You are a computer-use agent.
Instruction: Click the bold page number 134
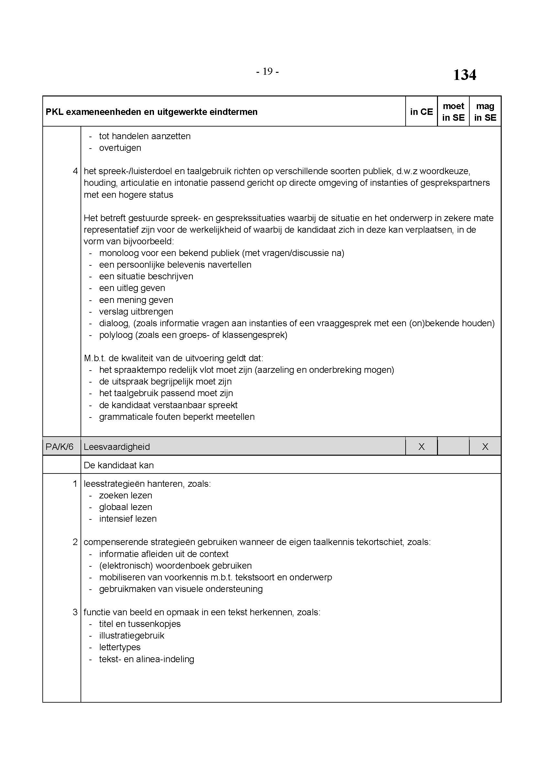(x=464, y=75)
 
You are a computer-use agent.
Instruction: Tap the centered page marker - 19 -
(x=267, y=72)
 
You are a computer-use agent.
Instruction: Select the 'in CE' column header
(x=421, y=112)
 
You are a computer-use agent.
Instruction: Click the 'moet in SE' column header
(x=453, y=112)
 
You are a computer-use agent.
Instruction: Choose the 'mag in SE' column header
(x=485, y=112)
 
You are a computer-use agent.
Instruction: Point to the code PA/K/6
(x=59, y=447)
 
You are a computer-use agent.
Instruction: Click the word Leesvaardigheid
(x=117, y=447)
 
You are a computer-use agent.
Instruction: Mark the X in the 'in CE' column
(x=421, y=447)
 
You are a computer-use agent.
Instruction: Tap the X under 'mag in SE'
(x=485, y=447)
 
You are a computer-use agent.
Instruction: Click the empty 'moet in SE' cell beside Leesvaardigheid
(x=453, y=447)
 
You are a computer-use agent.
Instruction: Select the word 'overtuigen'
(x=120, y=148)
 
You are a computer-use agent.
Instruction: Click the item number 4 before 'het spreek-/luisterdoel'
(x=75, y=171)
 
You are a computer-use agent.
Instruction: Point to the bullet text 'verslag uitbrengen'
(x=136, y=312)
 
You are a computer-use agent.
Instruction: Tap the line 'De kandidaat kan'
(x=119, y=465)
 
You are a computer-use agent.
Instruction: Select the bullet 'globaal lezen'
(x=126, y=507)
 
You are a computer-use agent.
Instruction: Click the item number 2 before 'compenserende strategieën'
(x=75, y=542)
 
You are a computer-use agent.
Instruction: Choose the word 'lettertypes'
(x=120, y=647)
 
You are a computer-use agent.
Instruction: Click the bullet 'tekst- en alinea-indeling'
(x=147, y=659)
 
